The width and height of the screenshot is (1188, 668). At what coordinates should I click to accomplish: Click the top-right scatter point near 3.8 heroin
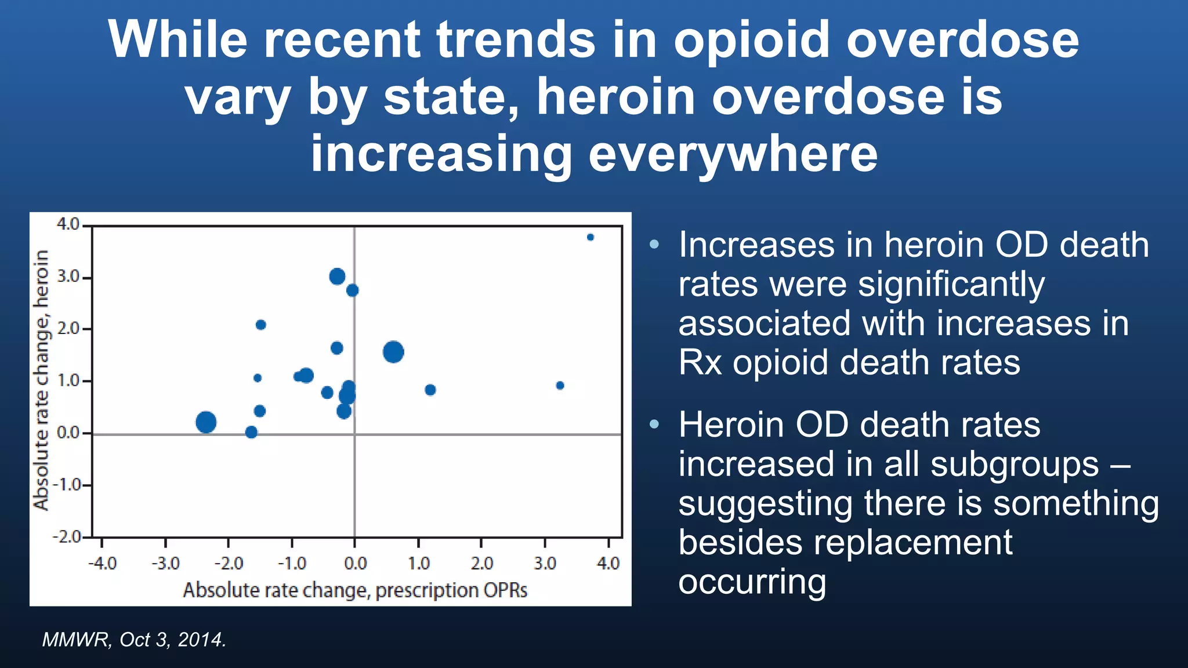click(x=591, y=237)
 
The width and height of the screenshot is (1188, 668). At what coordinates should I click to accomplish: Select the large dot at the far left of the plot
click(x=206, y=422)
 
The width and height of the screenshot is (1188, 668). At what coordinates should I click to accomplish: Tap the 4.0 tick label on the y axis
click(x=68, y=224)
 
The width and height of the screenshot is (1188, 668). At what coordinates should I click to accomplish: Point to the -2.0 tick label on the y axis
click(x=67, y=536)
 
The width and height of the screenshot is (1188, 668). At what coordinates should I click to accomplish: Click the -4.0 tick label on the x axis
click(x=102, y=563)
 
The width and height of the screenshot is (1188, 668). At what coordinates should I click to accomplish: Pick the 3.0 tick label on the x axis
click(x=545, y=563)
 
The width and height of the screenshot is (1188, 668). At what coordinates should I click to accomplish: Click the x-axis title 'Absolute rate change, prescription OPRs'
click(x=355, y=590)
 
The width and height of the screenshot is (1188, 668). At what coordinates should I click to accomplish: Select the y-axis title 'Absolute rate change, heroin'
click(x=41, y=380)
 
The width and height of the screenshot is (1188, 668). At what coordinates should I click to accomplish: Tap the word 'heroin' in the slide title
click(x=615, y=96)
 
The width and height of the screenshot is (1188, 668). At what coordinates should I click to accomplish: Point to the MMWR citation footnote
click(x=134, y=640)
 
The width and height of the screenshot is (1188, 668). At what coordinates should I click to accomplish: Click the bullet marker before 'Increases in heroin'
click(x=654, y=244)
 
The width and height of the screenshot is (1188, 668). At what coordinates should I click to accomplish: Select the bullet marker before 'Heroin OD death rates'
click(x=654, y=424)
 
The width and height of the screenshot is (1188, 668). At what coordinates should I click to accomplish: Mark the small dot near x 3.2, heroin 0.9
click(x=560, y=386)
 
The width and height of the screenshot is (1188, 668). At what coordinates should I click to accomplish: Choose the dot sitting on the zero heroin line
click(x=251, y=432)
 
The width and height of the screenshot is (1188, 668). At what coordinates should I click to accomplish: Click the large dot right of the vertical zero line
click(x=393, y=352)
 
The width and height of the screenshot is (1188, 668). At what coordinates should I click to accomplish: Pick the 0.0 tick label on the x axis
click(x=355, y=563)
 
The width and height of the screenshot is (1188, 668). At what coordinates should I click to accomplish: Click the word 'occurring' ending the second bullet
click(x=752, y=582)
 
